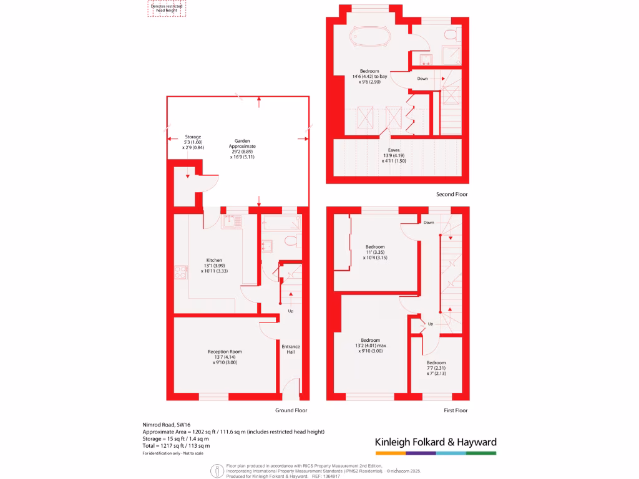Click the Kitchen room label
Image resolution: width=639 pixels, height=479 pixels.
[214, 261]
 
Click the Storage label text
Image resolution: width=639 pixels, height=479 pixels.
[193, 137]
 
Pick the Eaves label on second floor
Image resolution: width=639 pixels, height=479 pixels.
[394, 150]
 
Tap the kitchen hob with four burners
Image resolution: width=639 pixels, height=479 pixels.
[181, 272]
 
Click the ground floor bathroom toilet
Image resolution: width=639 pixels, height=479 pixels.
[290, 241]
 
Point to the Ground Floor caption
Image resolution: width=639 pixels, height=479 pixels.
[291, 410]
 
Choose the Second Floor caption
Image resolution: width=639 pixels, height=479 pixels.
[452, 195]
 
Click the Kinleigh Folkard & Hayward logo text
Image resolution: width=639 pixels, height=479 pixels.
[436, 442]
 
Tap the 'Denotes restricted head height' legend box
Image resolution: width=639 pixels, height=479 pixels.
[167, 8]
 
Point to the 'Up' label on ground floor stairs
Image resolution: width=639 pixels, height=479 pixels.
[290, 311]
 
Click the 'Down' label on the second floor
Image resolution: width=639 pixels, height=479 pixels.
[422, 79]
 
